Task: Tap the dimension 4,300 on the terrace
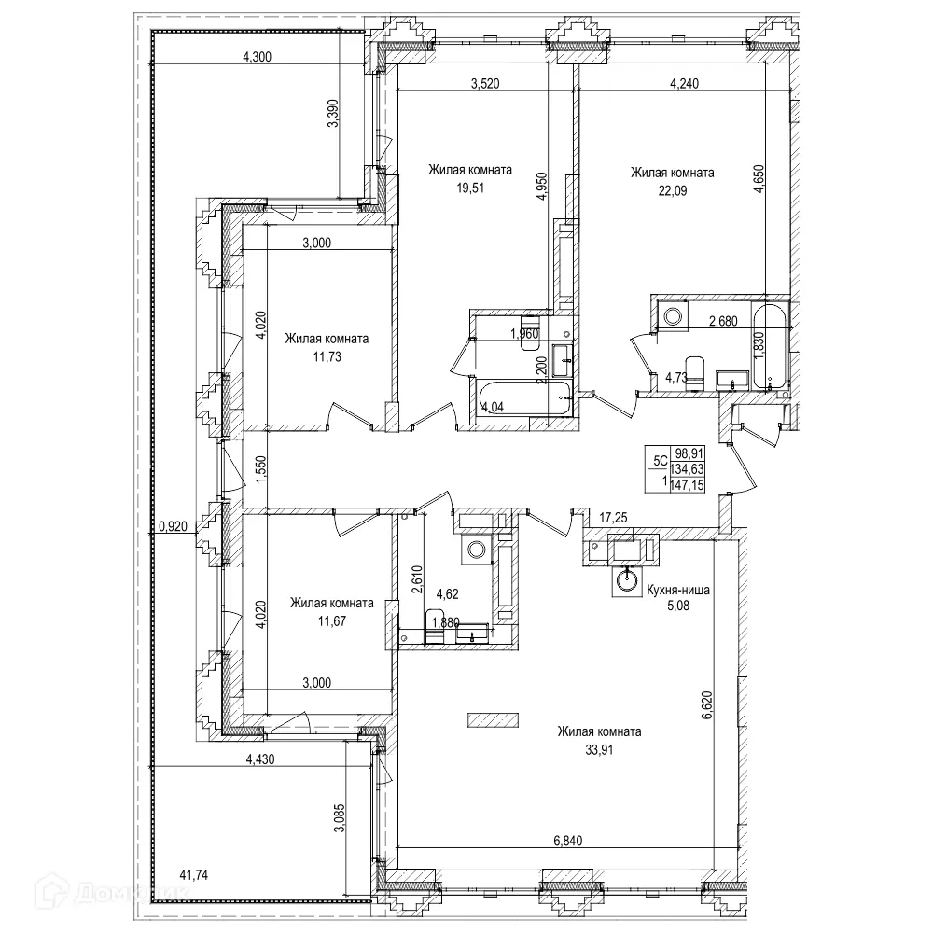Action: (257, 57)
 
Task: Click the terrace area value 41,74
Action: (194, 874)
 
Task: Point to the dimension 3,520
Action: (483, 83)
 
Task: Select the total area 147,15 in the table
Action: (689, 486)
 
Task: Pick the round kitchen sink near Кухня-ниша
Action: (628, 581)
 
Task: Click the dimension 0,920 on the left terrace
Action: (173, 526)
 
